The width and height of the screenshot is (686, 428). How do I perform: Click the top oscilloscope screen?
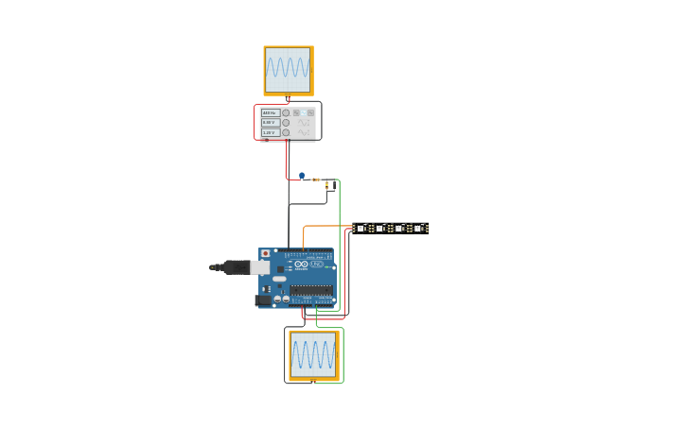(x=288, y=69)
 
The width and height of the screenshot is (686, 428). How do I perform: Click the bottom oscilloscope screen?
(x=313, y=354)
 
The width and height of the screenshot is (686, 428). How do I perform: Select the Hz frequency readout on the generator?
(x=270, y=112)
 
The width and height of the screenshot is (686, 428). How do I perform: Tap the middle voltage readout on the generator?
(x=270, y=123)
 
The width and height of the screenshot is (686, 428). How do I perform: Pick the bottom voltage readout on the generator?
(x=270, y=132)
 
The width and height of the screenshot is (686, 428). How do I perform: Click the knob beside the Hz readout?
(x=286, y=112)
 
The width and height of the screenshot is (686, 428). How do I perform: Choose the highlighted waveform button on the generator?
(x=303, y=112)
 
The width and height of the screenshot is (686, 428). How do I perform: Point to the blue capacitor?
(x=302, y=175)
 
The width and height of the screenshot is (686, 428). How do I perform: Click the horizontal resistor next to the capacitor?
(x=315, y=180)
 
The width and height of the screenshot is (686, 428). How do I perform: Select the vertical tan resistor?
(x=327, y=186)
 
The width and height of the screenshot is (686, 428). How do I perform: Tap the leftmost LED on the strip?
(x=361, y=228)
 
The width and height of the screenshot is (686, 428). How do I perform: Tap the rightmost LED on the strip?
(x=418, y=228)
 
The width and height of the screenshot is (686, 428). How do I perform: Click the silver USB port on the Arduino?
(x=260, y=267)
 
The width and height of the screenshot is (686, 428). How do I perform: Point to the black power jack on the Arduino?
(x=263, y=300)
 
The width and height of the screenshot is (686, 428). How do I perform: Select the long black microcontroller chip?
(x=311, y=291)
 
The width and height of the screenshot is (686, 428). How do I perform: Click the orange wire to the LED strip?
(x=326, y=226)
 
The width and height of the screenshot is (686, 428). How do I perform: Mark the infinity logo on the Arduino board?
(x=301, y=265)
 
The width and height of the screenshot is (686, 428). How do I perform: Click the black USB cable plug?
(x=232, y=267)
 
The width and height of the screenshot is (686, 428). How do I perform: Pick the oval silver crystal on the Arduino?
(x=279, y=280)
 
